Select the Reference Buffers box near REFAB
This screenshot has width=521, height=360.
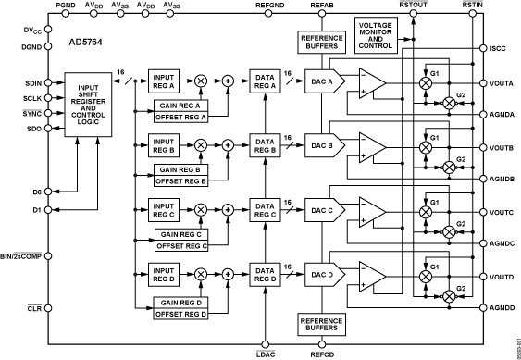pos(319,42)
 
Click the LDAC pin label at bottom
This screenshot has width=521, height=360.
pos(267,354)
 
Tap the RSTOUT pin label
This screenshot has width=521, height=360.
pos(413,6)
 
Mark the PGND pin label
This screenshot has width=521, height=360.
pos(66,6)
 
